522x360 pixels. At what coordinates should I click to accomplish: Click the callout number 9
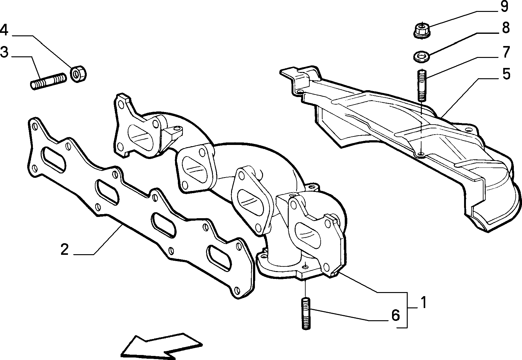click(504, 6)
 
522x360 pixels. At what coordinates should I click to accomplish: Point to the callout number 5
click(506, 74)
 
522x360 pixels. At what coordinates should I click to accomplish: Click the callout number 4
click(4, 30)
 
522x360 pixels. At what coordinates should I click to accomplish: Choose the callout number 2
click(65, 249)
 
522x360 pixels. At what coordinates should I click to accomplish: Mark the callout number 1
click(423, 302)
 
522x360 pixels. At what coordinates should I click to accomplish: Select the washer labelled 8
click(422, 57)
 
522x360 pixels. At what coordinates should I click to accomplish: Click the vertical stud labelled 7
click(421, 85)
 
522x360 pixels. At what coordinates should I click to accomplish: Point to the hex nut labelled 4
click(78, 73)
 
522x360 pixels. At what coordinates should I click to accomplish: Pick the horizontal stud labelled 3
click(49, 81)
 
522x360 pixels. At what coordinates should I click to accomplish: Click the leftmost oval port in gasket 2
click(53, 160)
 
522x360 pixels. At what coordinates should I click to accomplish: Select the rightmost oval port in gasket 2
click(219, 258)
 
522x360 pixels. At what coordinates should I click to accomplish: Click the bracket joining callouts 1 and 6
click(407, 310)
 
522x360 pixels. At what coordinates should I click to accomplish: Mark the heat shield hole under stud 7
click(421, 154)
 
